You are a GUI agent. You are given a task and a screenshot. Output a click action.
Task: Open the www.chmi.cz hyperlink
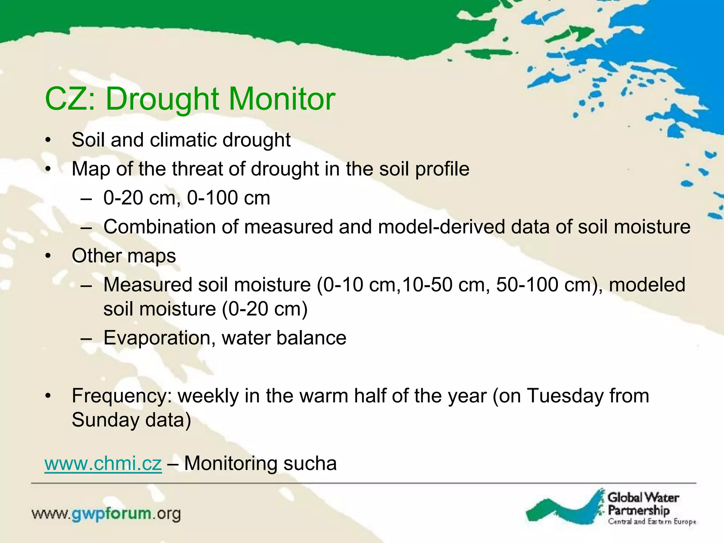[x=103, y=463]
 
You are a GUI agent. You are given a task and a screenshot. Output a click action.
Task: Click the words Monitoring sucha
[x=260, y=463]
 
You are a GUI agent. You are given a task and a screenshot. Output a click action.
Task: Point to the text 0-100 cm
[x=228, y=198]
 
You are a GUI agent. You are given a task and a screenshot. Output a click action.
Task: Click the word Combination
[x=159, y=227]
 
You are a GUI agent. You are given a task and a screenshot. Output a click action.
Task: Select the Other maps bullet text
[x=124, y=256]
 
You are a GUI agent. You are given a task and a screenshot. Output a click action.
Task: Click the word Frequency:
[x=122, y=396]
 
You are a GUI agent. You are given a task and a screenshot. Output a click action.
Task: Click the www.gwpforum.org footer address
[x=106, y=514]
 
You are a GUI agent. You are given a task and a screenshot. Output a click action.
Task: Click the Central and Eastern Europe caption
[x=652, y=522]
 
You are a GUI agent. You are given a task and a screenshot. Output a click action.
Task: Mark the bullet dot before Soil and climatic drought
[x=48, y=140]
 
